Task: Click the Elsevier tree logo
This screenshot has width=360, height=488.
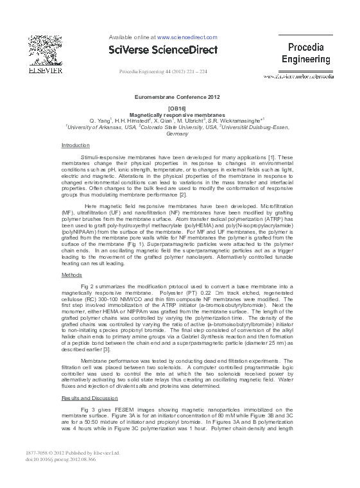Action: (x=40, y=48)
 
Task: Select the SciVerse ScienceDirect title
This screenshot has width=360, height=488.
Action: (x=164, y=49)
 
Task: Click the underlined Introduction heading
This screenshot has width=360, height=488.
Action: (x=76, y=146)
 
